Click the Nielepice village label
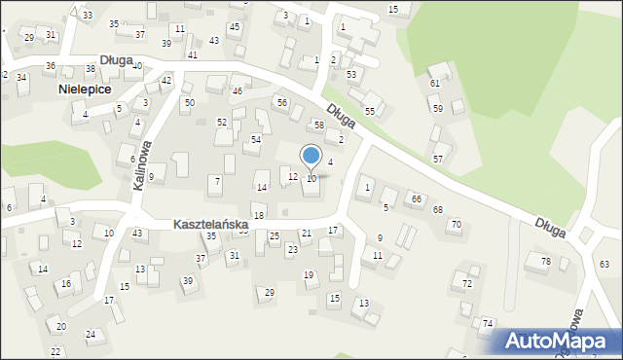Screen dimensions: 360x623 click(x=84, y=89)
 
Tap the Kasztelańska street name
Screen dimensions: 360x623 click(x=210, y=225)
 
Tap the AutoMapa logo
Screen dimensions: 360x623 click(x=559, y=341)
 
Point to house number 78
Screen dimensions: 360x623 click(x=546, y=262)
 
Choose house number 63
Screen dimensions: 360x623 click(x=605, y=265)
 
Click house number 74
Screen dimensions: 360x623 click(x=488, y=323)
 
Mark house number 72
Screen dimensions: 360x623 click(x=467, y=284)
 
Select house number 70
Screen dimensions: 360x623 click(x=455, y=225)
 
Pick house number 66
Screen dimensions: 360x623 click(x=417, y=198)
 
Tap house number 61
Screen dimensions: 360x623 click(x=435, y=84)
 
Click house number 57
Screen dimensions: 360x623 click(x=438, y=159)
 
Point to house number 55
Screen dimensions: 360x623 click(x=370, y=112)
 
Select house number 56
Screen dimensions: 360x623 click(x=282, y=103)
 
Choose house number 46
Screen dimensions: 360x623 click(x=238, y=91)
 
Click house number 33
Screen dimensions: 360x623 click(x=88, y=16)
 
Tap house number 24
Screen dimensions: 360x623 click(x=91, y=335)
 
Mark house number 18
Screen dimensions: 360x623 click(x=258, y=216)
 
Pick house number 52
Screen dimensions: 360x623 click(x=222, y=123)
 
